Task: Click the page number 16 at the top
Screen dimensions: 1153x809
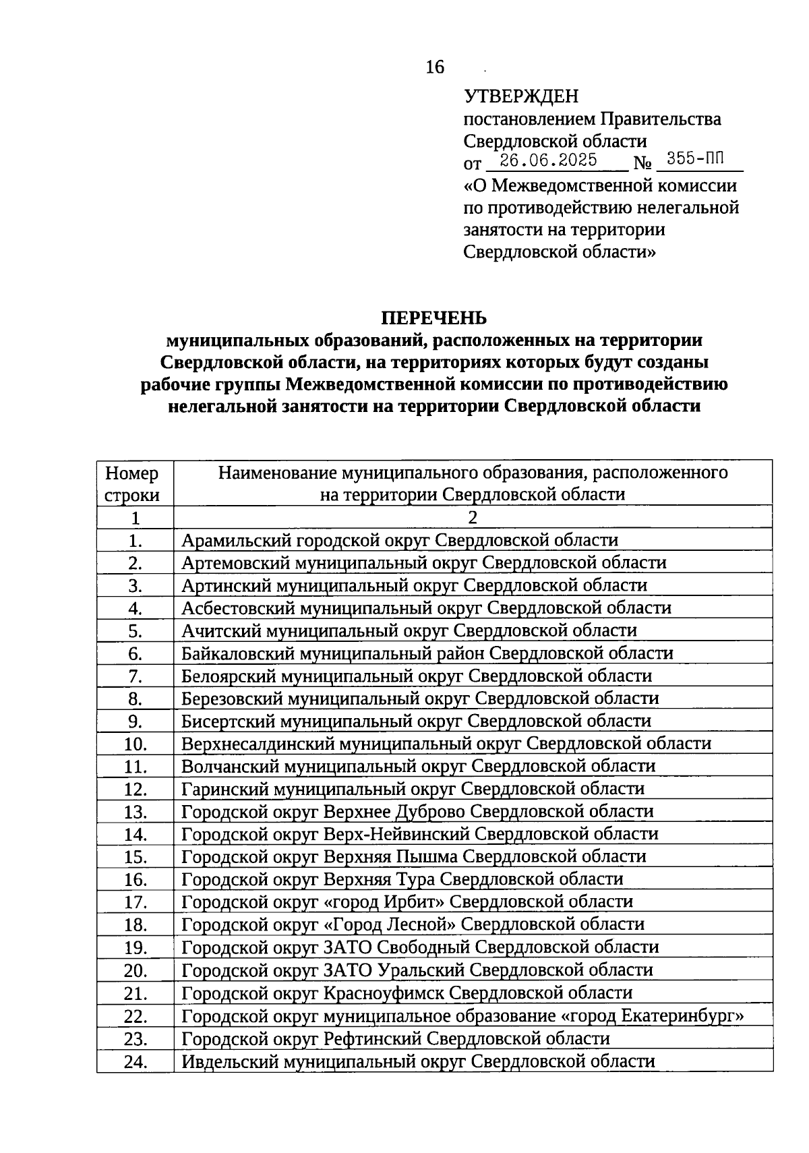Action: (436, 67)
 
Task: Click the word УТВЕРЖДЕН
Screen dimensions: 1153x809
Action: (521, 97)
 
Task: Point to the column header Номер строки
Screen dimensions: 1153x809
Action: (133, 483)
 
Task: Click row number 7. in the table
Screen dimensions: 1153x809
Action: (135, 676)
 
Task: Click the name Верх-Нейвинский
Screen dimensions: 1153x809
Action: (397, 834)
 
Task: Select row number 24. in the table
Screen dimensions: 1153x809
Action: (135, 1062)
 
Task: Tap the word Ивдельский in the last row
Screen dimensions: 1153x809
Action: (231, 1061)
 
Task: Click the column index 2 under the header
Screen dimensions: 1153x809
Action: (473, 518)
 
